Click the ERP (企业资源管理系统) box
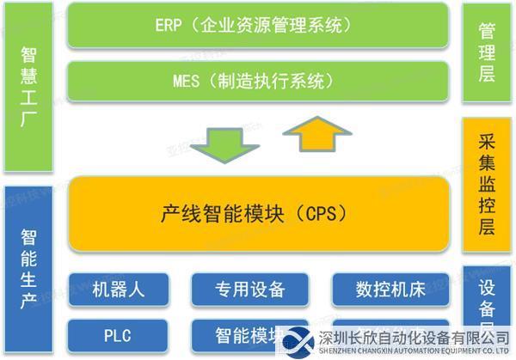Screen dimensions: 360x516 pos(258,27)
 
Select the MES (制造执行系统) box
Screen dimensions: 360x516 pos(258,82)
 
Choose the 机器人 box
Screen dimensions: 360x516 pos(119,289)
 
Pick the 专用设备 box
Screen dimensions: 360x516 pos(250,289)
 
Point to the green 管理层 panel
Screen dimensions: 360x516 pos(487,53)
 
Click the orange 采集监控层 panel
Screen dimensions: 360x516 pos(487,185)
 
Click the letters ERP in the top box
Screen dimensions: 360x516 pos(169,27)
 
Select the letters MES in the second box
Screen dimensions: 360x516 pos(186,82)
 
